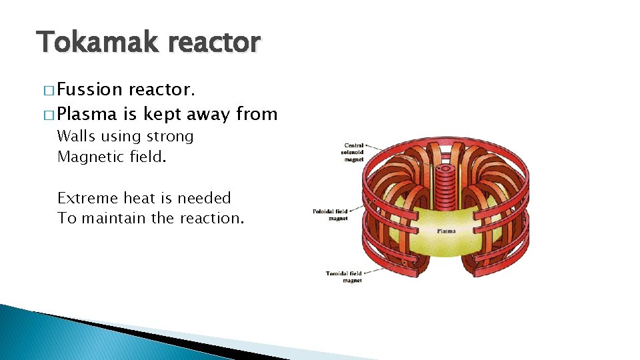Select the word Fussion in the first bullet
(x=90, y=89)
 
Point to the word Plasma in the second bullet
(x=88, y=115)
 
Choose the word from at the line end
(x=257, y=115)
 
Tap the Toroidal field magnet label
(x=344, y=277)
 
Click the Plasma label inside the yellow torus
(x=446, y=231)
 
